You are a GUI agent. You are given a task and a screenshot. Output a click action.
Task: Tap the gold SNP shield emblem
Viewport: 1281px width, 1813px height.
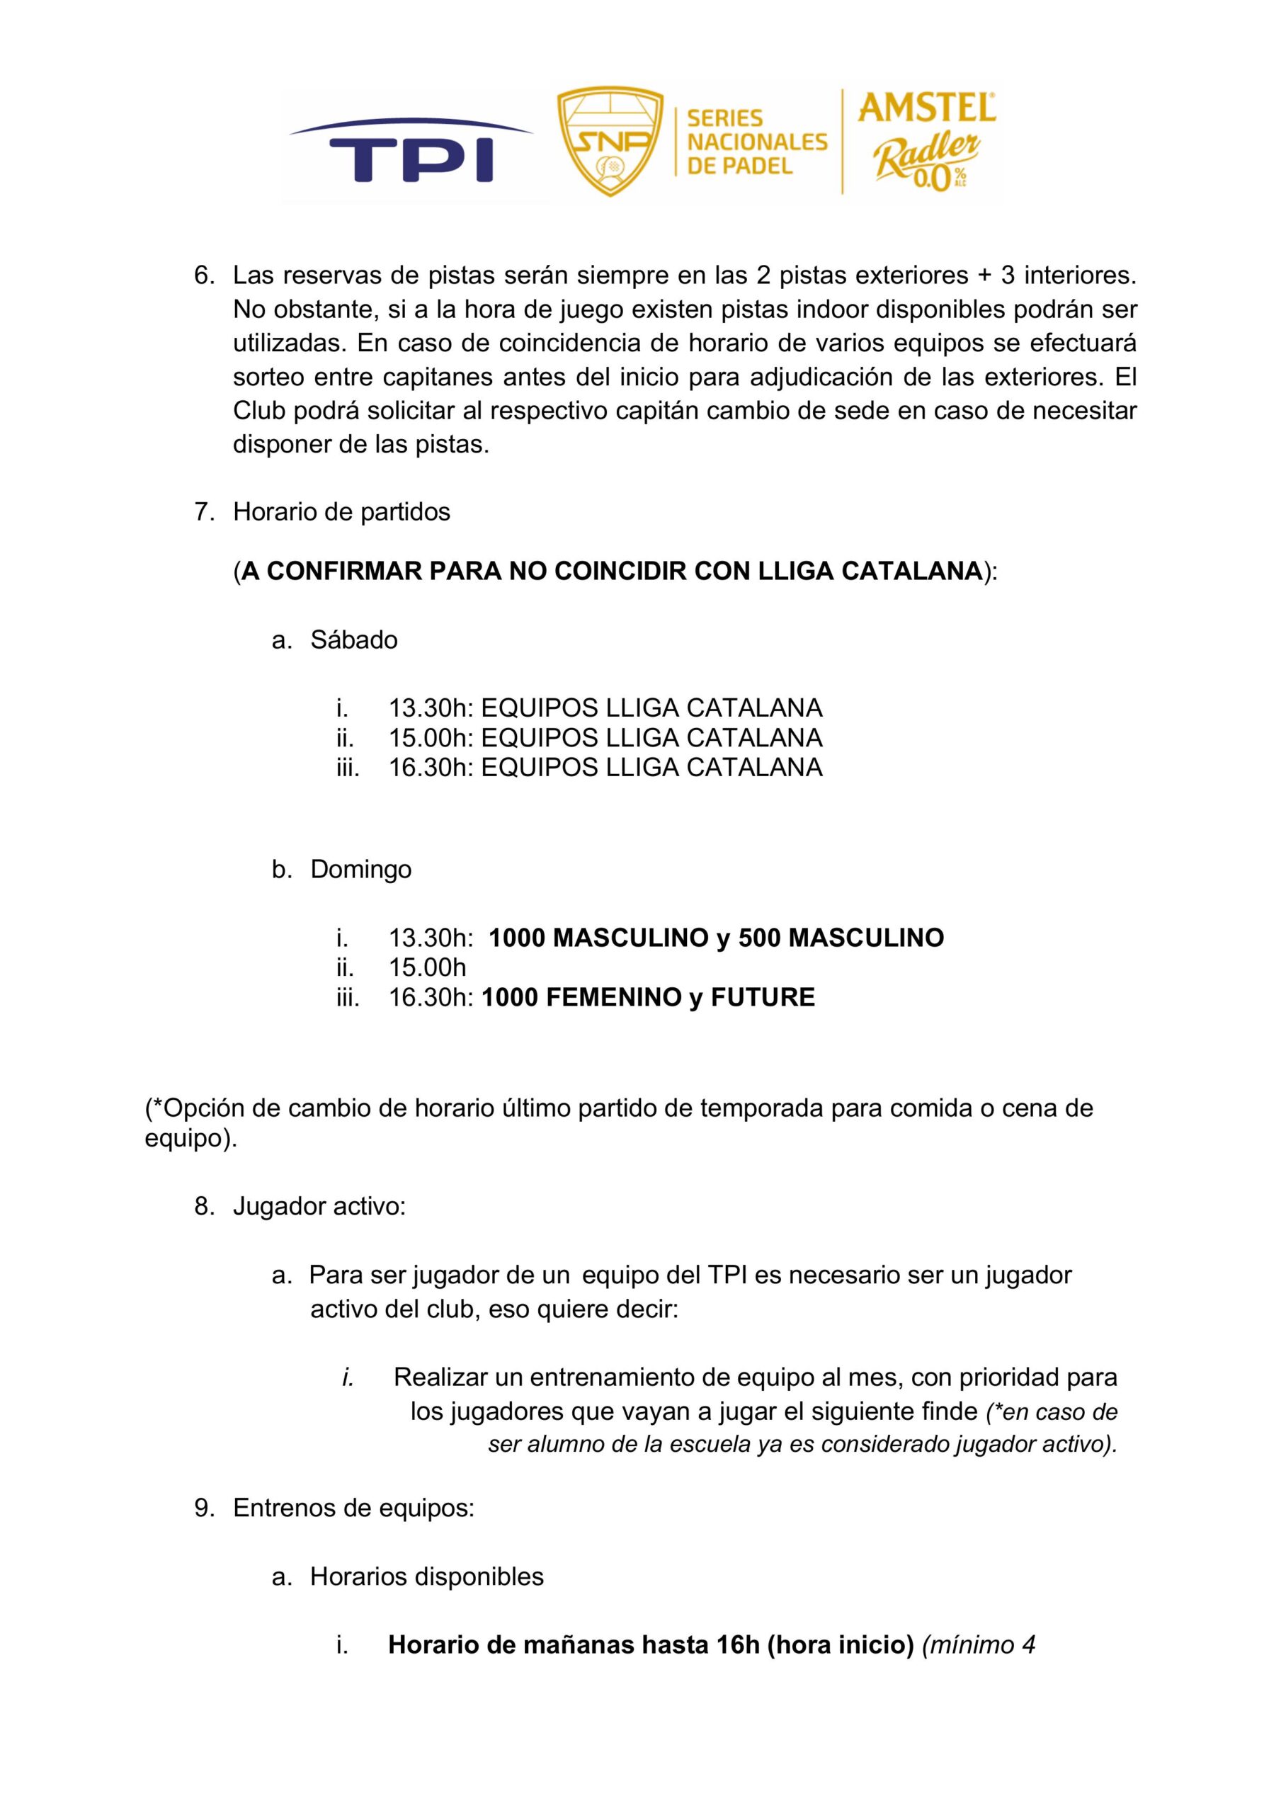tap(610, 140)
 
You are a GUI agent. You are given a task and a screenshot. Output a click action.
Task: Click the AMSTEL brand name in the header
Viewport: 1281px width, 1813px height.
tap(926, 108)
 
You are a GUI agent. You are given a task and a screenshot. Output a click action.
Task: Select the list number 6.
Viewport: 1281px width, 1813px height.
tap(204, 275)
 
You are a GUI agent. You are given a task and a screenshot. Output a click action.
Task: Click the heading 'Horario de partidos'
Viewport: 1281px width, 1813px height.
tap(341, 512)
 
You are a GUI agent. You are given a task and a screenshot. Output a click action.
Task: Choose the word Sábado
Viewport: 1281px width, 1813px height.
tap(354, 640)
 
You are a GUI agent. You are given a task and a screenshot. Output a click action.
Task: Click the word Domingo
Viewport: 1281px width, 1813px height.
tap(361, 870)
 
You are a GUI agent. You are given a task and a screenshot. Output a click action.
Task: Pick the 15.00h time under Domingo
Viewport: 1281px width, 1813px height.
tap(427, 967)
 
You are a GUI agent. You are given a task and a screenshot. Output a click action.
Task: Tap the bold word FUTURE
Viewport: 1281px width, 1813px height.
tap(762, 997)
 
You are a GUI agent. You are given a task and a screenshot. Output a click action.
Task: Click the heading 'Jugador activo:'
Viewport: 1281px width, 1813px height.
tap(319, 1207)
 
